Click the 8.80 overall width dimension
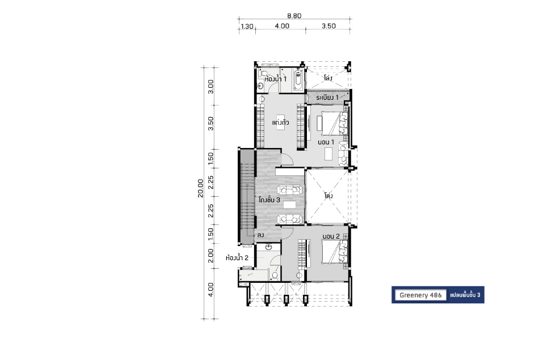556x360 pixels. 294,16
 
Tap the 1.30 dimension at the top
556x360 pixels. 247,26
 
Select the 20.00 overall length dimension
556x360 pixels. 201,188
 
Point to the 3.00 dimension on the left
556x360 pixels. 210,86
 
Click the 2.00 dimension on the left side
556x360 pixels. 210,256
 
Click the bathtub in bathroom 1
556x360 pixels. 298,80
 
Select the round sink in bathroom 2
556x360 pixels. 268,247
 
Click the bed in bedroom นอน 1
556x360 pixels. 334,124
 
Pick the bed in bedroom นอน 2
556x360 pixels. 334,252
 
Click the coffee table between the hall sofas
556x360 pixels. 290,205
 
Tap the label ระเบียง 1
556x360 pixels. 327,97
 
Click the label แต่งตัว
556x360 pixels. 280,122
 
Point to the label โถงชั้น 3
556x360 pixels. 269,200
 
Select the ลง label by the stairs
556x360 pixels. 260,235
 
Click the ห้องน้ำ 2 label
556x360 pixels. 237,258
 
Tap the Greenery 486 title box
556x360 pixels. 420,295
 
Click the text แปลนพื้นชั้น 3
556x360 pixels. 465,295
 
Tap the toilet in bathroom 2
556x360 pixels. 275,274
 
